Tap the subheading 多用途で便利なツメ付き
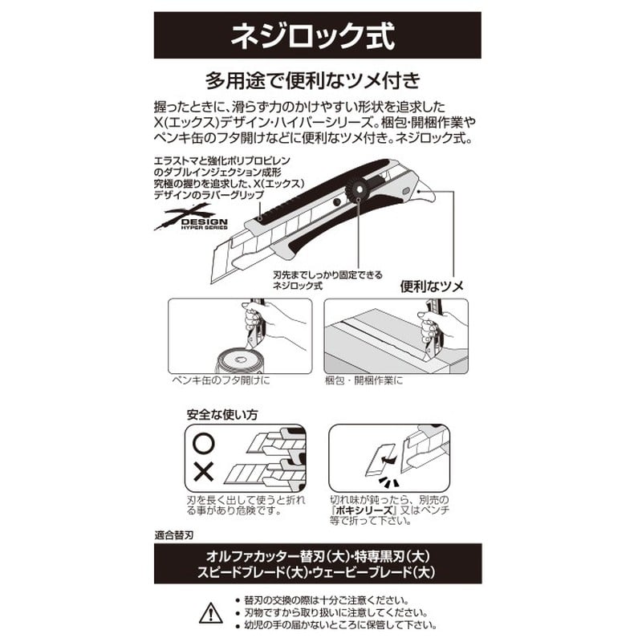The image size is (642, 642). (314, 82)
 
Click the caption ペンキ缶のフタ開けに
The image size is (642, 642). (221, 380)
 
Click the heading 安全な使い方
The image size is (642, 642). (222, 416)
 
